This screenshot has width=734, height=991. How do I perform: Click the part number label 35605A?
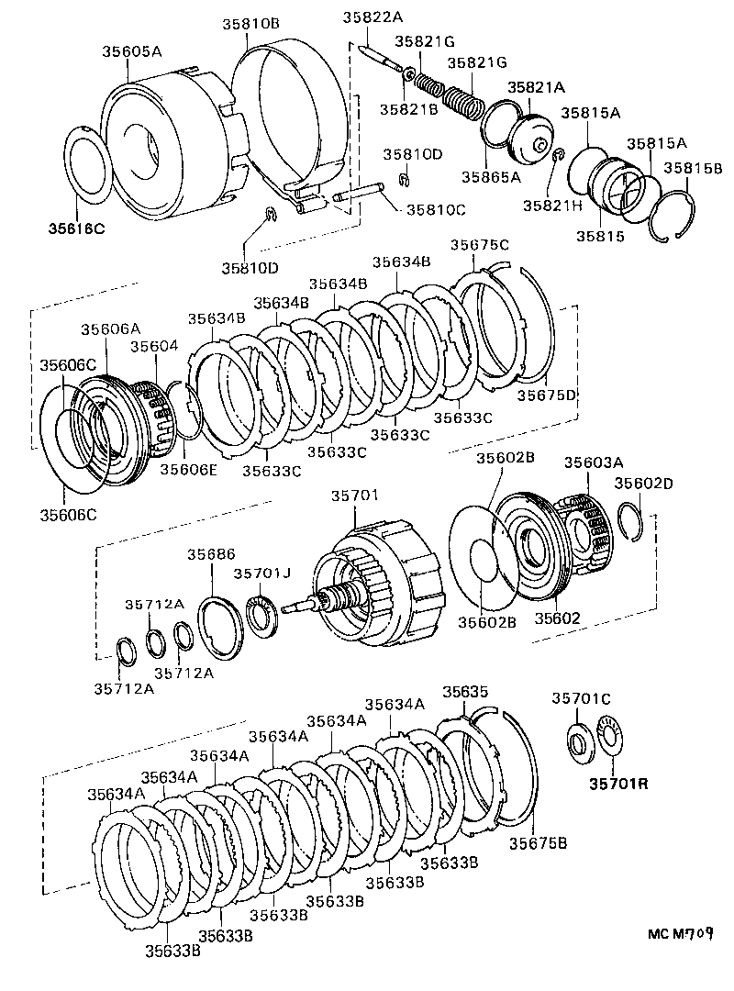point(131,52)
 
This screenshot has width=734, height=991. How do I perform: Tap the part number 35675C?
point(480,244)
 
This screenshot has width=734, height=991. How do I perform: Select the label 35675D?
point(546,395)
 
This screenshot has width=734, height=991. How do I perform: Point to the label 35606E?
point(190,469)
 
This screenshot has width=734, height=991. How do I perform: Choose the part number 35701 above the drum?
point(352,496)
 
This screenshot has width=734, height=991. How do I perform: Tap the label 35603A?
point(594,462)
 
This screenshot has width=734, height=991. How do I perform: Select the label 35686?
point(212,554)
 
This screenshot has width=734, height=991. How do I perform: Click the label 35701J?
point(261,573)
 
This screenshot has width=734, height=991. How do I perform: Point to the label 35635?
point(465,691)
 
